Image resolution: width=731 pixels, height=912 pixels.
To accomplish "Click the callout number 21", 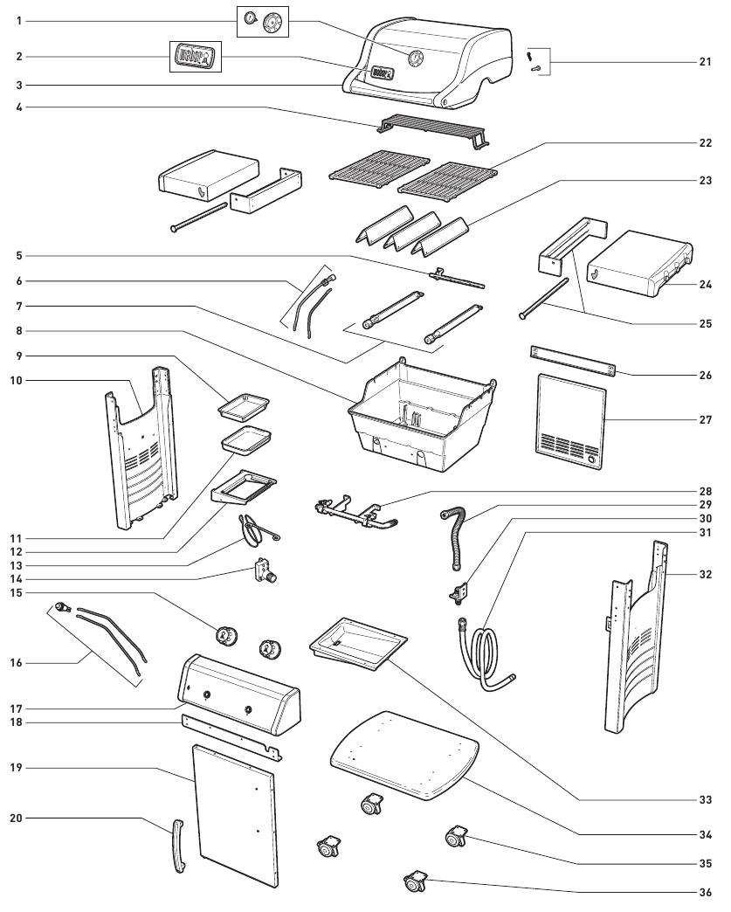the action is coord(705,62).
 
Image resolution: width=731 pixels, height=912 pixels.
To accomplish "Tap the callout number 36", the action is coord(705,892).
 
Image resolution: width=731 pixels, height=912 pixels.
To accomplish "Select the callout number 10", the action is coord(17,380).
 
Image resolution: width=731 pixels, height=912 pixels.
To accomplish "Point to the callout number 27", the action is coord(705,419).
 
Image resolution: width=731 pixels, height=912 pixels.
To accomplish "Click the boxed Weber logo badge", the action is coord(196,57).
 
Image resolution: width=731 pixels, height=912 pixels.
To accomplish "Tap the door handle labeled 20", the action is coord(178,846).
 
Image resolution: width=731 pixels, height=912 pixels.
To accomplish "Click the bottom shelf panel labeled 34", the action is coord(404,755).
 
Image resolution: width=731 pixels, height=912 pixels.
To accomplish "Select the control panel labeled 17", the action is coord(238,694).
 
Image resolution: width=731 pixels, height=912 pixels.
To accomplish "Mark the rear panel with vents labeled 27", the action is coord(571,421).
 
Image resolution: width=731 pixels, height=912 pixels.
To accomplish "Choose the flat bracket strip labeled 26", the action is coord(572,362).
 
